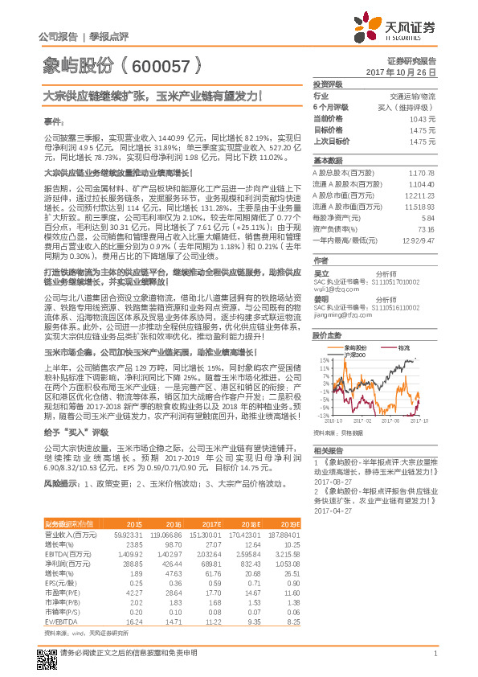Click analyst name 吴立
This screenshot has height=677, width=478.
tap(321, 273)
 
